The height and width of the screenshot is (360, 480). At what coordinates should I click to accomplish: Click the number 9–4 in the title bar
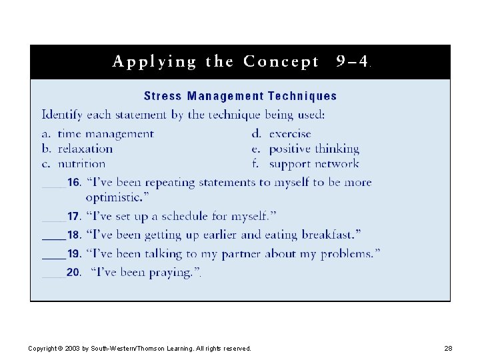click(353, 62)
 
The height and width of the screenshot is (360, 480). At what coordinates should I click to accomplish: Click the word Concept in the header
click(281, 62)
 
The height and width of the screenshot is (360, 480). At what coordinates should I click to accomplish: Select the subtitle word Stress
click(163, 96)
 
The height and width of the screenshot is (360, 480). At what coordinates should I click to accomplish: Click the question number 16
click(74, 183)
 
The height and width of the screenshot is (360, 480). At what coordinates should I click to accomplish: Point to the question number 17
click(74, 217)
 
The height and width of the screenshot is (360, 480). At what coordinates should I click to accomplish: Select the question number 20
click(73, 273)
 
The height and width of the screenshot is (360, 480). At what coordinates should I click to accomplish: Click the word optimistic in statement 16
click(113, 197)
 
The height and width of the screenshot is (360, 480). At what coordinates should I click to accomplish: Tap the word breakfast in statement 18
click(329, 235)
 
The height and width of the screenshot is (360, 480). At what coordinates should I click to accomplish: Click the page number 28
click(448, 349)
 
